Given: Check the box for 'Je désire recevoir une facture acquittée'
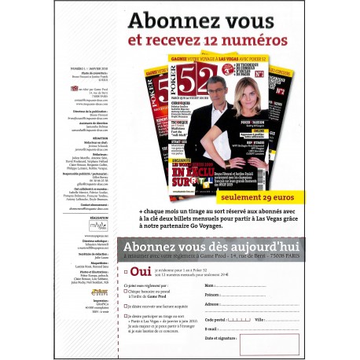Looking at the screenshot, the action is pos(126,303).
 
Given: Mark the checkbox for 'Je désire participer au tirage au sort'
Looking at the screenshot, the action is pos(126,313).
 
